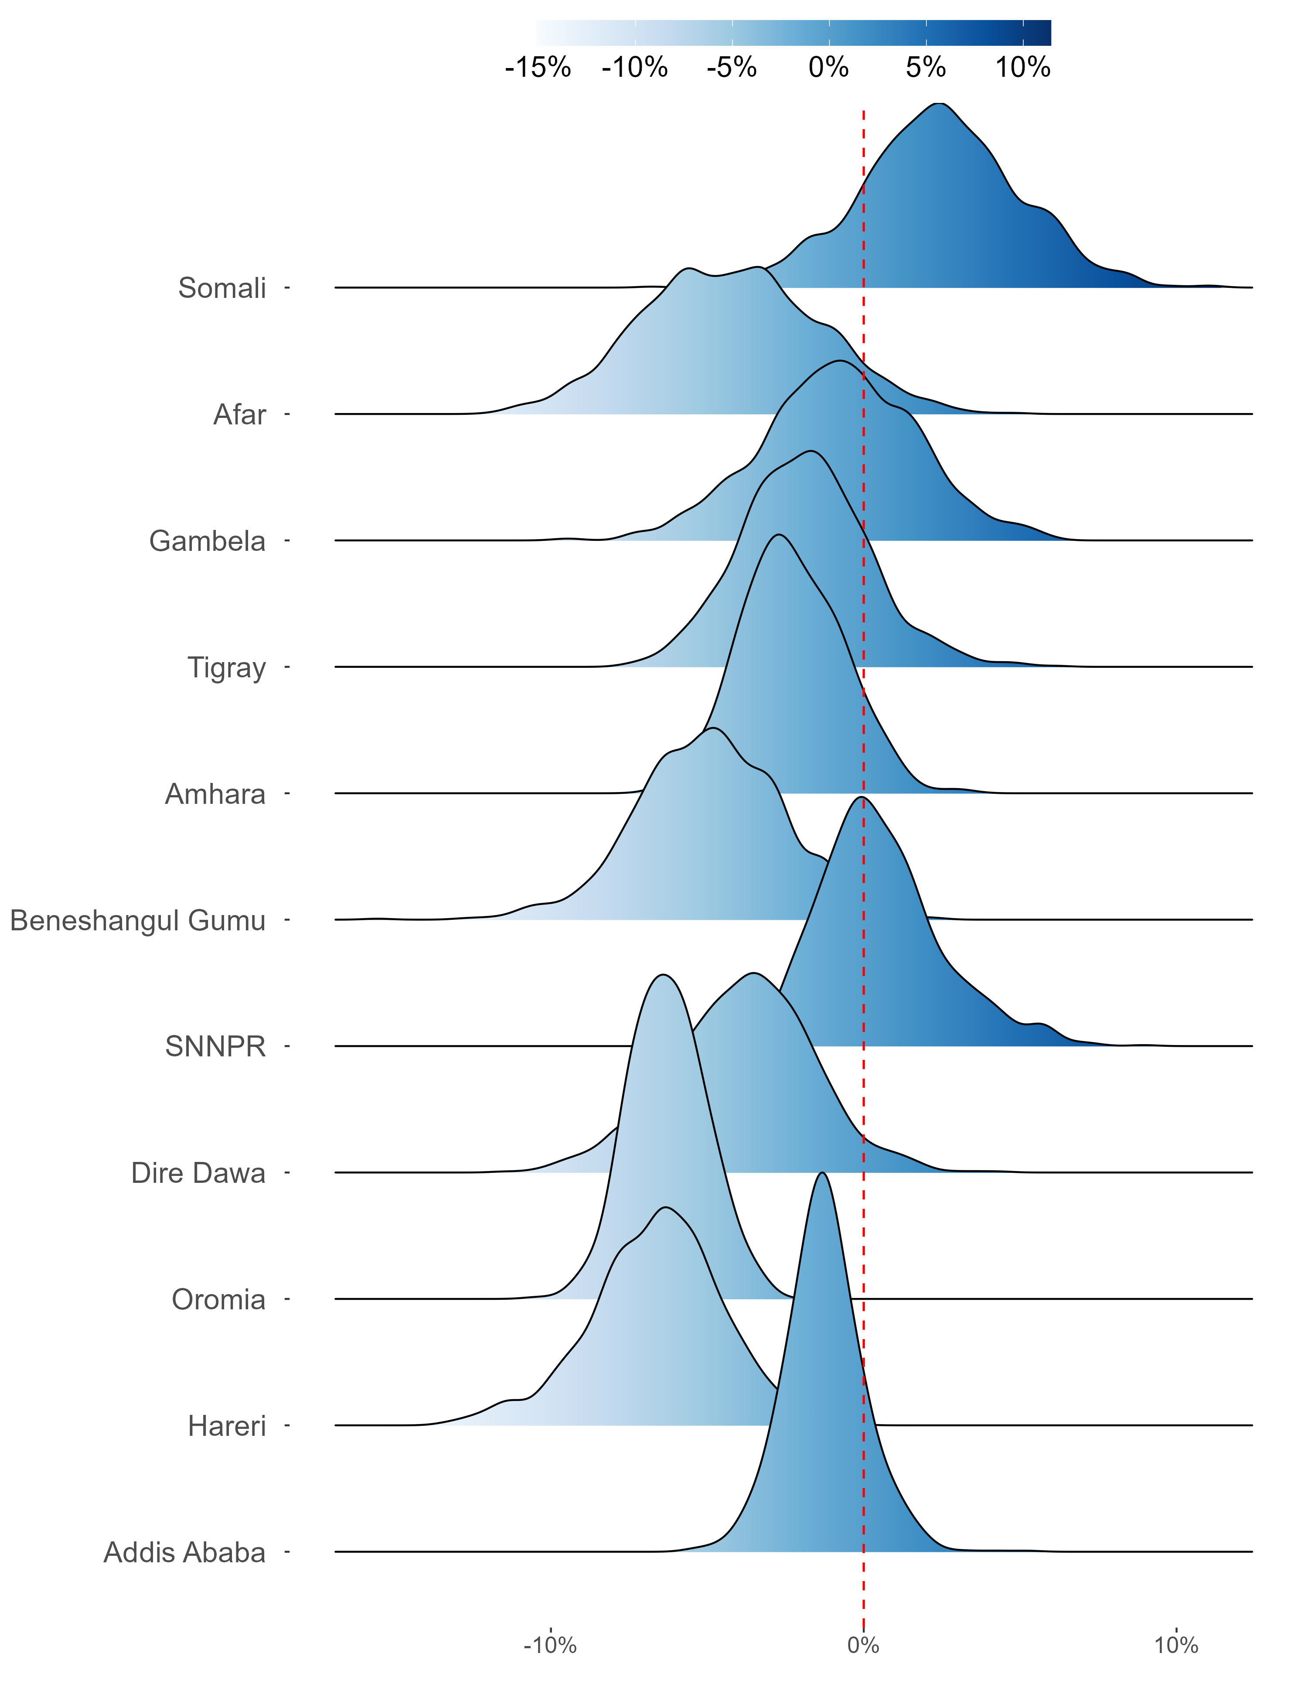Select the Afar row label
[x=240, y=414]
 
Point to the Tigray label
[x=227, y=667]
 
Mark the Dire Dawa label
[x=198, y=1173]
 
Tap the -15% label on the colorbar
[x=538, y=68]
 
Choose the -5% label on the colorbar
[x=732, y=68]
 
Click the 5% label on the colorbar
[x=926, y=68]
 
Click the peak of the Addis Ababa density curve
[x=822, y=1172]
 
